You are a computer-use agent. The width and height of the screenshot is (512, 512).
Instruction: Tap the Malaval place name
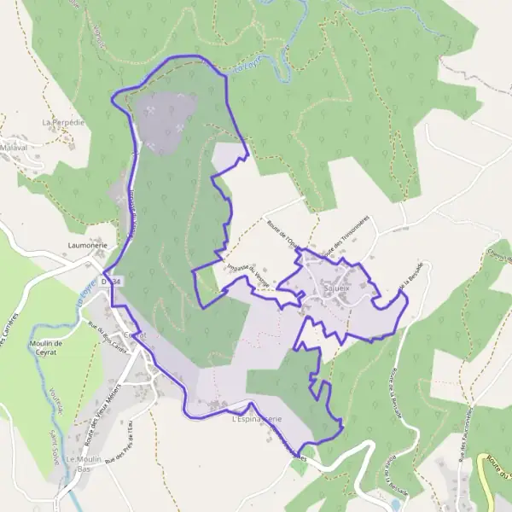pyautogui.click(x=14, y=147)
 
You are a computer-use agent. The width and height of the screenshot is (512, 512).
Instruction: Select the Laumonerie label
pyautogui.click(x=86, y=244)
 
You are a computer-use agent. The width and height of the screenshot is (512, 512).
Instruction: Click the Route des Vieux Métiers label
pyautogui.click(x=103, y=410)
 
